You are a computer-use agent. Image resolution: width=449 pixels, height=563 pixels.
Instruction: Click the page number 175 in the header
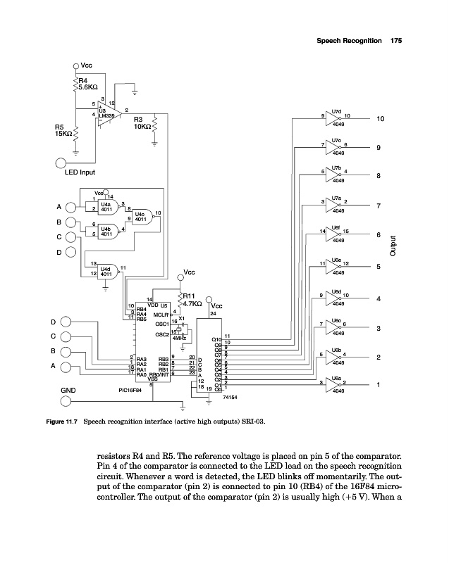click(x=395, y=42)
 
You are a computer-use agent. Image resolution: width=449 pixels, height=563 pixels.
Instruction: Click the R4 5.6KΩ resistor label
click(x=87, y=84)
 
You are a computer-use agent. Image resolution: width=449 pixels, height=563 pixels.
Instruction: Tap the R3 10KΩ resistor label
click(x=143, y=123)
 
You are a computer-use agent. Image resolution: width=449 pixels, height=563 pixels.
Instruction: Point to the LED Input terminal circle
click(x=62, y=163)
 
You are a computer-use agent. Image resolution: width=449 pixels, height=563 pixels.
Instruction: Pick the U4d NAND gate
click(x=106, y=270)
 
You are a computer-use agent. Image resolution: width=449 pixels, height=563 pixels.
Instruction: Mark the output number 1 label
click(x=379, y=384)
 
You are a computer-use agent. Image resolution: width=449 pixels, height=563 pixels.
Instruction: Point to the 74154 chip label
click(x=230, y=397)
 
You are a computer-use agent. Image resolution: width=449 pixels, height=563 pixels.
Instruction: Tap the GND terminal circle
click(x=66, y=401)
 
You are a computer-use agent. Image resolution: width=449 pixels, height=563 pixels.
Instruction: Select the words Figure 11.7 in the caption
click(x=63, y=423)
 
